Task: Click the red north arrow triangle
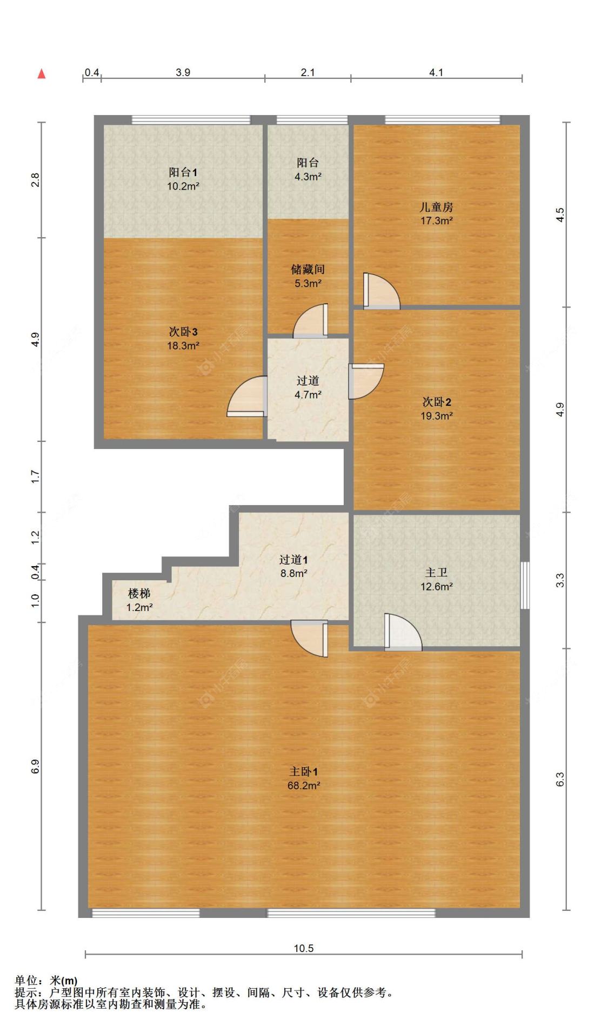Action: click(42, 74)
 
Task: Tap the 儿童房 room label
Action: click(436, 207)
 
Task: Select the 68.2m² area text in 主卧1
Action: click(303, 786)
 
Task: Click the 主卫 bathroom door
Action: click(402, 633)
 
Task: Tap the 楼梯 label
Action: click(139, 593)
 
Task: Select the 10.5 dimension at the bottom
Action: click(303, 948)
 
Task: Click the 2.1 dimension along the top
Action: click(308, 72)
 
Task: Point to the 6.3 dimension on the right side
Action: click(560, 779)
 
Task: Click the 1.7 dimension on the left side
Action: click(35, 477)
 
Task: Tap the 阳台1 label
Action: click(183, 172)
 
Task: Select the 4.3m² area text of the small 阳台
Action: click(308, 177)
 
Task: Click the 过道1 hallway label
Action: click(293, 560)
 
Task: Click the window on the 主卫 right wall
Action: click(524, 586)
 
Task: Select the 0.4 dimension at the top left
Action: click(92, 72)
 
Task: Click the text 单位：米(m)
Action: click(46, 980)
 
